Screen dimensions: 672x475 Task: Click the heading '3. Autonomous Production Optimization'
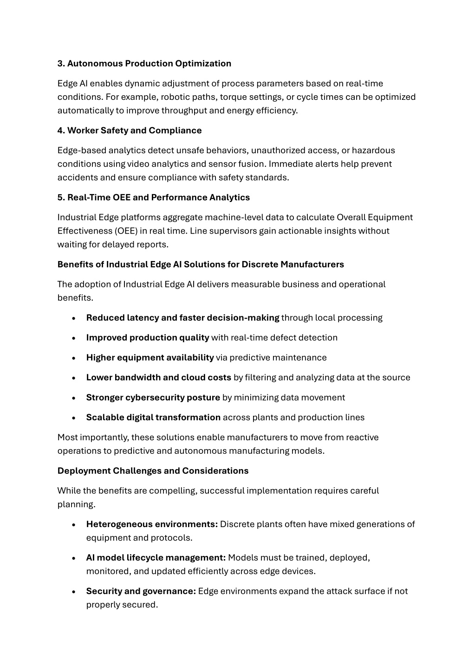coord(144,64)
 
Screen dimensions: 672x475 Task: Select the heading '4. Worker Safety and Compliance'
coord(130,130)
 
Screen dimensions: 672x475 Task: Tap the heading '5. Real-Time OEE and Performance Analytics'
coord(153,197)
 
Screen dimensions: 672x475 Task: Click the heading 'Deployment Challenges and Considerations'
coord(153,471)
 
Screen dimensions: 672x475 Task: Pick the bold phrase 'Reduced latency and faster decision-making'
coord(182,318)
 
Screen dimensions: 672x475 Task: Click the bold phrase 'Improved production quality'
coord(148,338)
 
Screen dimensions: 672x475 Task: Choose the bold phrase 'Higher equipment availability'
coord(150,358)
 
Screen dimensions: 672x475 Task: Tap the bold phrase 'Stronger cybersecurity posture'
coord(153,398)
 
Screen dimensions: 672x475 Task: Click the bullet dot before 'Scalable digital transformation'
coord(74,418)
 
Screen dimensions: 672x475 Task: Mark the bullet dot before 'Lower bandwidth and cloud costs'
coord(74,378)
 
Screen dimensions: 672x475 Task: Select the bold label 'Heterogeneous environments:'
coord(152,524)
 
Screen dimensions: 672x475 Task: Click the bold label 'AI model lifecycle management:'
coord(156,558)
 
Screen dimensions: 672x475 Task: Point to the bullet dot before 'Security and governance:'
coord(74,592)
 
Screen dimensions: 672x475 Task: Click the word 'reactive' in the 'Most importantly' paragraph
coord(361,437)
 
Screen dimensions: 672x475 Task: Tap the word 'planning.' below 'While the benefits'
coord(76,504)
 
